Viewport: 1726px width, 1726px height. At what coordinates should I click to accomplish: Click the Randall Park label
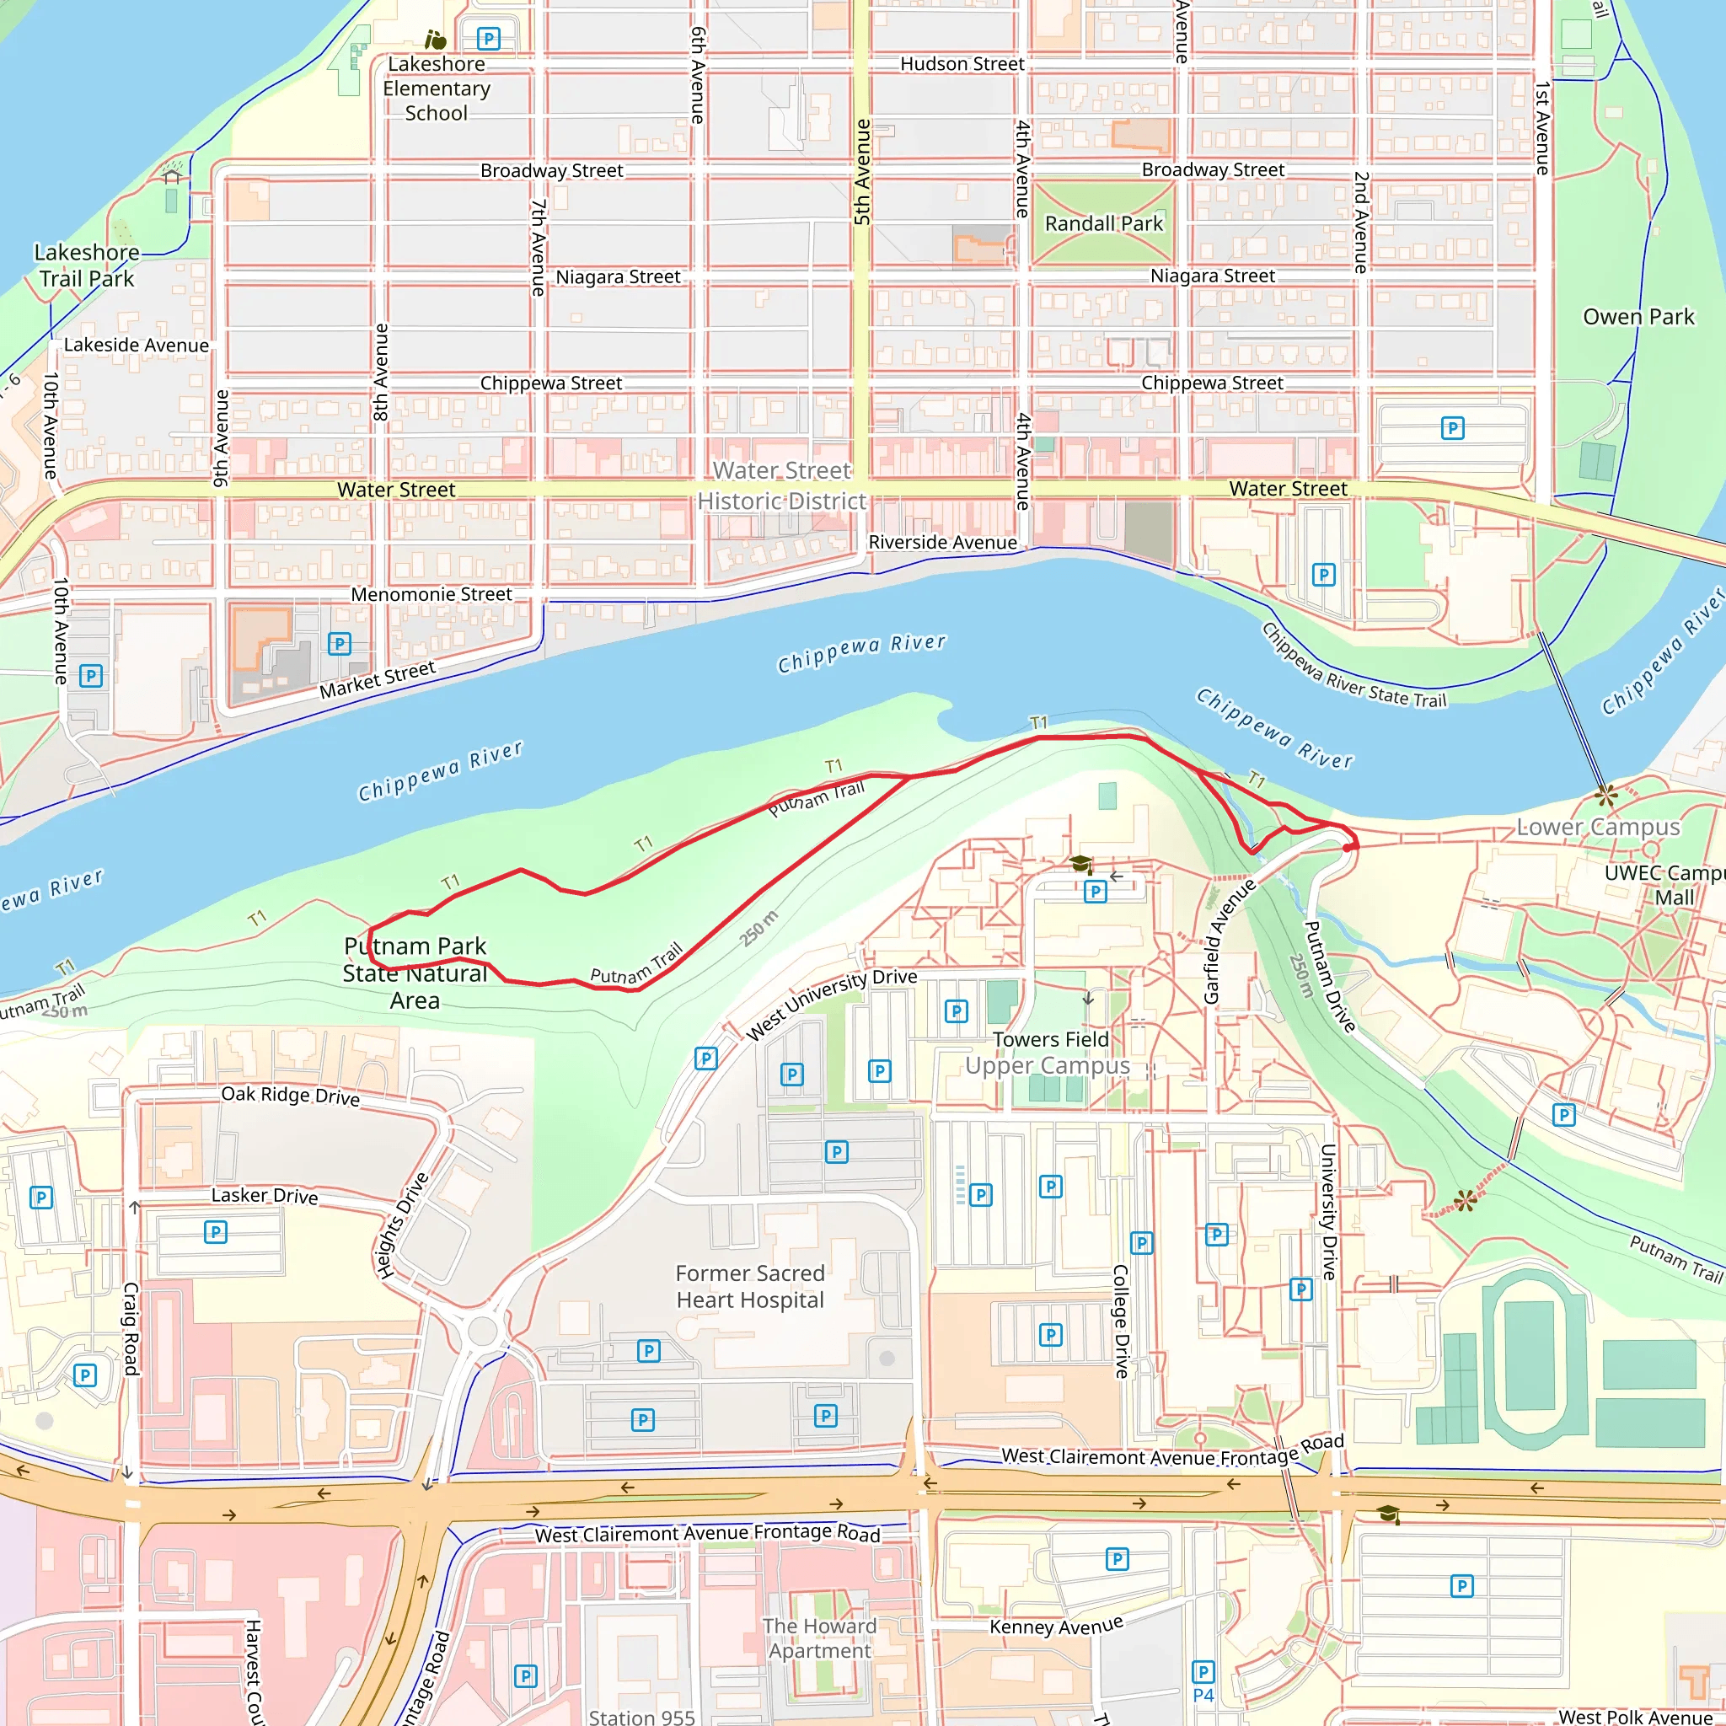point(1103,223)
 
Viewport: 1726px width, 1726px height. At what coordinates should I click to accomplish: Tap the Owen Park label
point(1638,317)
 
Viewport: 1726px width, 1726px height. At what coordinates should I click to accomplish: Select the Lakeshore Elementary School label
point(436,88)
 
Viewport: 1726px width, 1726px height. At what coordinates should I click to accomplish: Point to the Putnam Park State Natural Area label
point(415,973)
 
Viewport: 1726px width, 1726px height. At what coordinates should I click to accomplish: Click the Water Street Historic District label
point(782,486)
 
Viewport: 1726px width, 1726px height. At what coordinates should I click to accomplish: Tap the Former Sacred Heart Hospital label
point(749,1286)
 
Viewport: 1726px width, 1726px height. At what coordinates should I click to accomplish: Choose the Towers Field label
point(1050,1040)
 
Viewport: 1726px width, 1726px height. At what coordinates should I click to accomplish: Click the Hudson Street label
point(962,64)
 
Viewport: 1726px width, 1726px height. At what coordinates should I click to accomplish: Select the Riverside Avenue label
point(941,542)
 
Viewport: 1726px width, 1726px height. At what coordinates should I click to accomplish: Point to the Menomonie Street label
point(431,594)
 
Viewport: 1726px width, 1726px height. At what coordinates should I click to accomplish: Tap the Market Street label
point(377,679)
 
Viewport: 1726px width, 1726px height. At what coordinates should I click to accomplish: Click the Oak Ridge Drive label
point(291,1096)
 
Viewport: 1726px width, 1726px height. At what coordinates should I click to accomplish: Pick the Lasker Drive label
point(265,1195)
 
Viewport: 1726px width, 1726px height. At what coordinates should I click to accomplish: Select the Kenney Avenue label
point(1055,1626)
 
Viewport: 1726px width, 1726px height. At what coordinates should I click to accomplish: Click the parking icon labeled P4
point(1203,1672)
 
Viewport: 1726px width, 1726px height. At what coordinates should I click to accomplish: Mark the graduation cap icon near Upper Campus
point(1081,864)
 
